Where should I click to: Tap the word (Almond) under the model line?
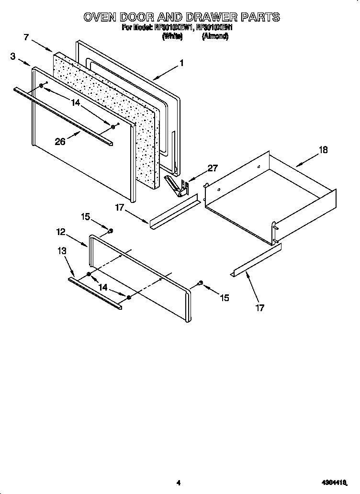coord(215,36)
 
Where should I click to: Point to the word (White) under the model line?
coord(172,36)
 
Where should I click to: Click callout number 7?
coord(26,36)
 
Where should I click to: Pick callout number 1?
coord(181,62)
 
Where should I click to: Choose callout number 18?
coord(323,150)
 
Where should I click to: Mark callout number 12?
coord(61,232)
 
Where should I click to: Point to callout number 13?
coord(62,251)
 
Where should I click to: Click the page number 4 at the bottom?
coord(178,483)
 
